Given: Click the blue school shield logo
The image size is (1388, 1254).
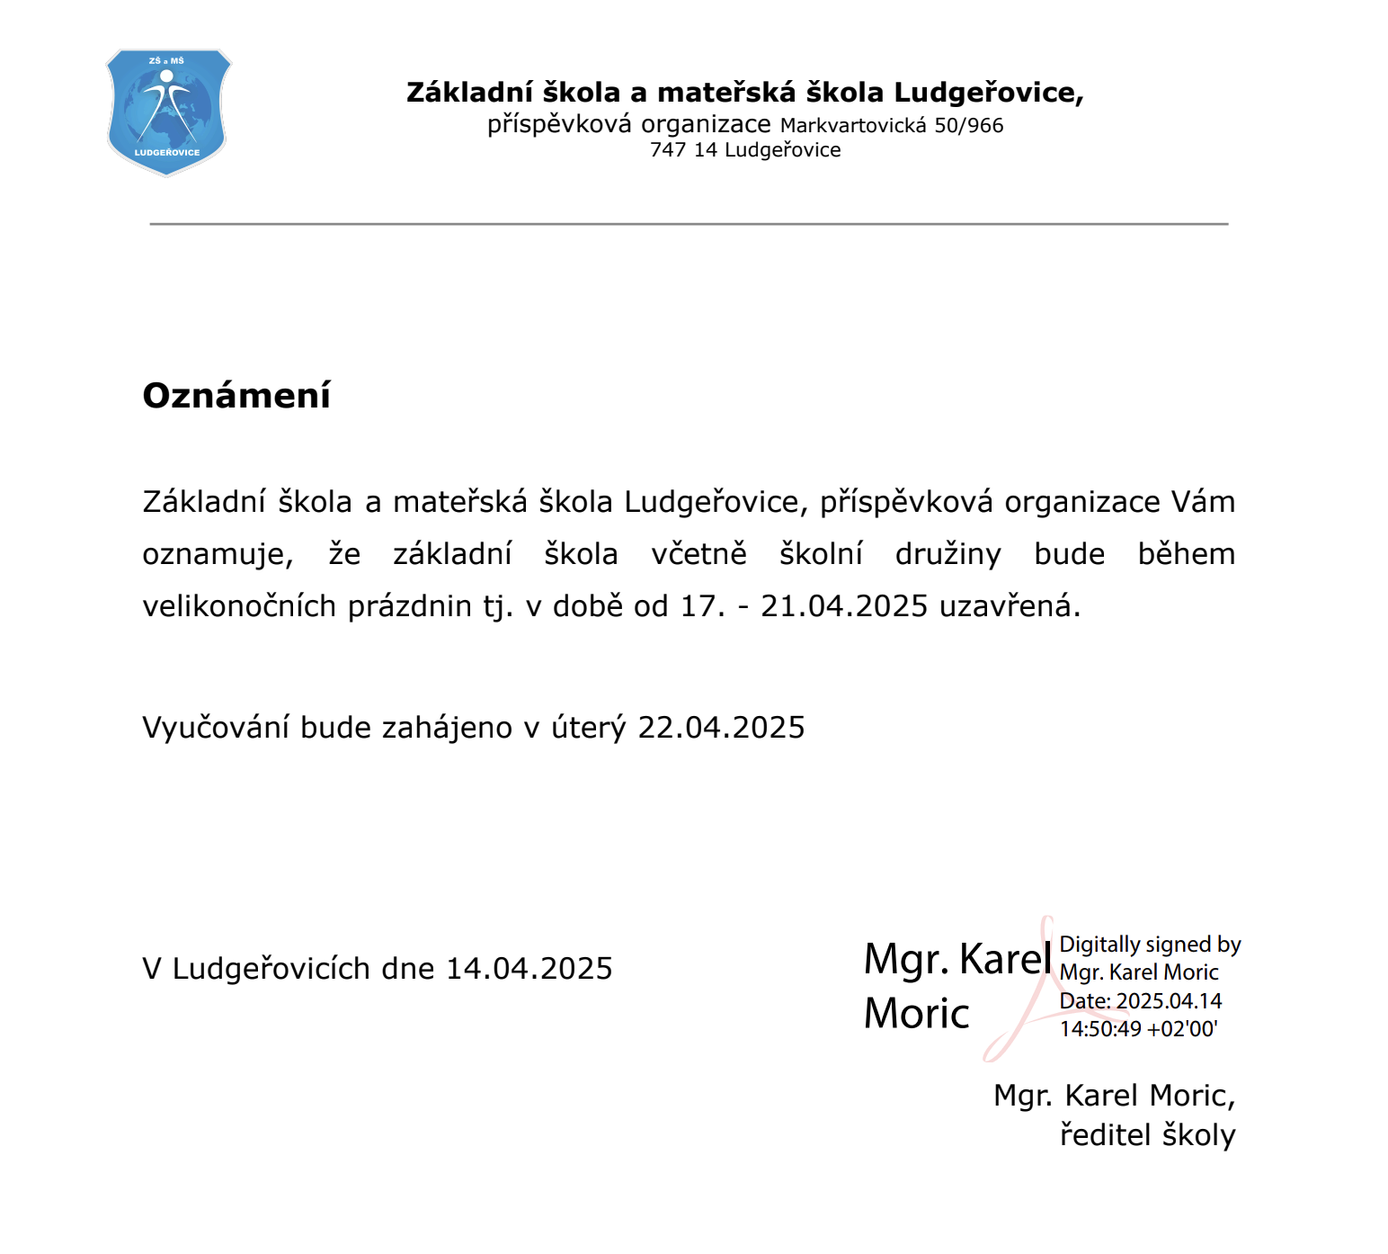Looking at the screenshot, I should click(167, 112).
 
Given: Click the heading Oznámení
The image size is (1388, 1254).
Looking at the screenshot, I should click(236, 396).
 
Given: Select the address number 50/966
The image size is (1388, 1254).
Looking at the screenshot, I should click(968, 126).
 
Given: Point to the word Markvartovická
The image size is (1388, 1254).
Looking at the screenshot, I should click(853, 126).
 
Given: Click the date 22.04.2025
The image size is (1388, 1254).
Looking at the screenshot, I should click(721, 728).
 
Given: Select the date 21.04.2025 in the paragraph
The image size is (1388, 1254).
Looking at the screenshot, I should click(843, 606).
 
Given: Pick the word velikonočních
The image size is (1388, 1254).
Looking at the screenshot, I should click(239, 606).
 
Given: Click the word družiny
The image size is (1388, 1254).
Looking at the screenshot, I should click(948, 554).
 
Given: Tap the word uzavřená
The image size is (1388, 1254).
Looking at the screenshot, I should click(1009, 606).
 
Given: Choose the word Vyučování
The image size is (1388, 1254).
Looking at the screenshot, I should click(215, 728).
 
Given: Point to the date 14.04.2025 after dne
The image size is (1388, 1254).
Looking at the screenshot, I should click(529, 969).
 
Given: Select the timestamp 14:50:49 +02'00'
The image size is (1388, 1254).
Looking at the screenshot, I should click(1138, 1029).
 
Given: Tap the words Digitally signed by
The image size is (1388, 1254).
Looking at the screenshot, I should click(1150, 945).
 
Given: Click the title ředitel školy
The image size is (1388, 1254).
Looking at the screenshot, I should click(1147, 1135).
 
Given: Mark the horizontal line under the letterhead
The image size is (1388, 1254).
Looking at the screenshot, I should click(689, 224).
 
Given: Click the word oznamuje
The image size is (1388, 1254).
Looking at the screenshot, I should click(218, 555).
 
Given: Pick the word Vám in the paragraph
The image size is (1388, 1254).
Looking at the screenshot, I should click(1203, 502).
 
